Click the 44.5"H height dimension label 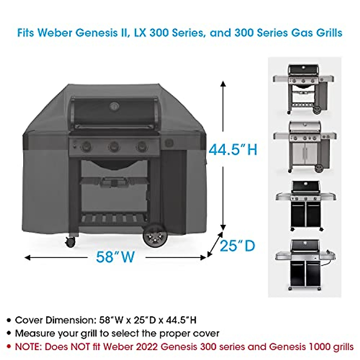point(233,149)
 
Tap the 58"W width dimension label point(115,257)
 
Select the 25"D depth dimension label point(237,246)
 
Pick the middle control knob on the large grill point(114,147)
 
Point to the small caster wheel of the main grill point(70,242)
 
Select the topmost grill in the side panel point(304,88)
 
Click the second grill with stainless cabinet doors point(304,147)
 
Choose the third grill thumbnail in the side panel point(305,205)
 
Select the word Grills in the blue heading point(329,32)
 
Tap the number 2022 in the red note point(147,347)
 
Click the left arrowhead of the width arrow point(27,257)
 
